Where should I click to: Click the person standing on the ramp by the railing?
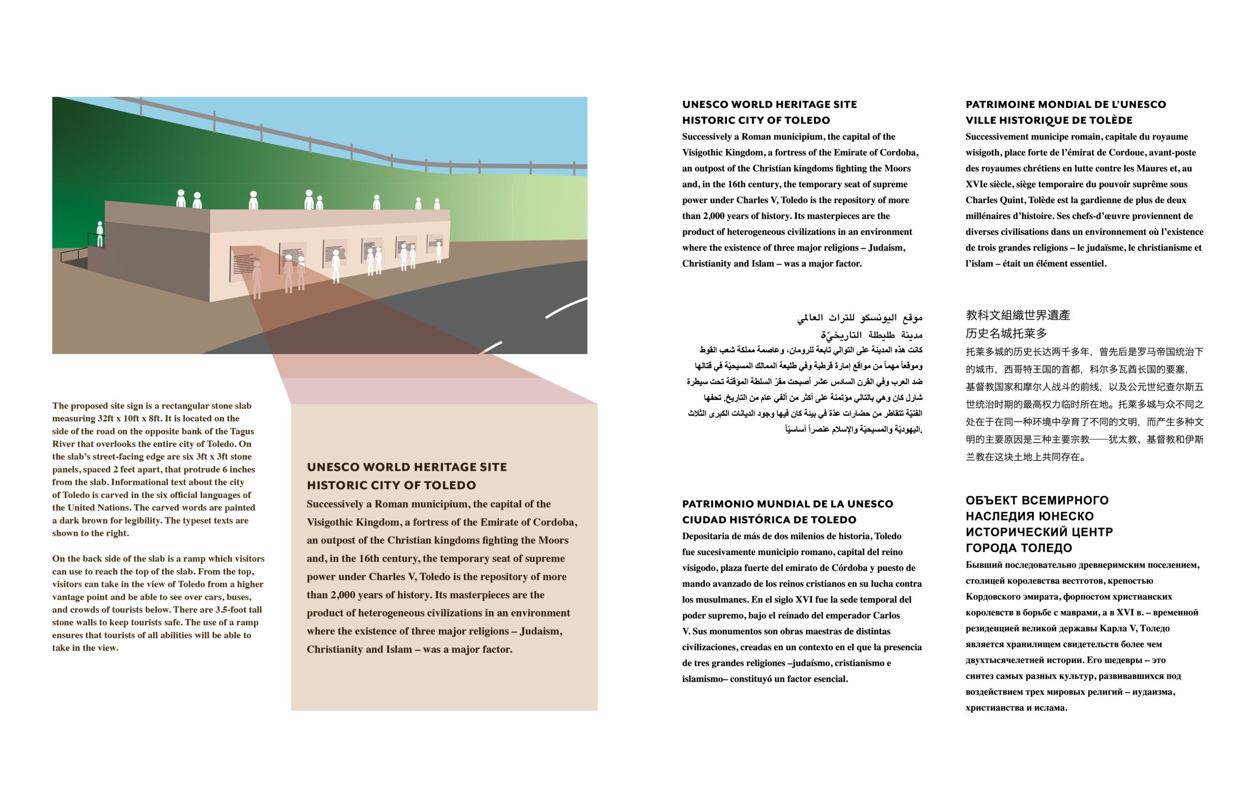point(99,233)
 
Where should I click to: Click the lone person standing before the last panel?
point(438,252)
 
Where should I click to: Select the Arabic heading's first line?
point(859,317)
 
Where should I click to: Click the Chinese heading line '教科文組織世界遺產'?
point(1017,315)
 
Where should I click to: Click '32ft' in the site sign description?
point(106,418)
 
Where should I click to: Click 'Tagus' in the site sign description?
point(242,431)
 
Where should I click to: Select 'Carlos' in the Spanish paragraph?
point(886,616)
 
